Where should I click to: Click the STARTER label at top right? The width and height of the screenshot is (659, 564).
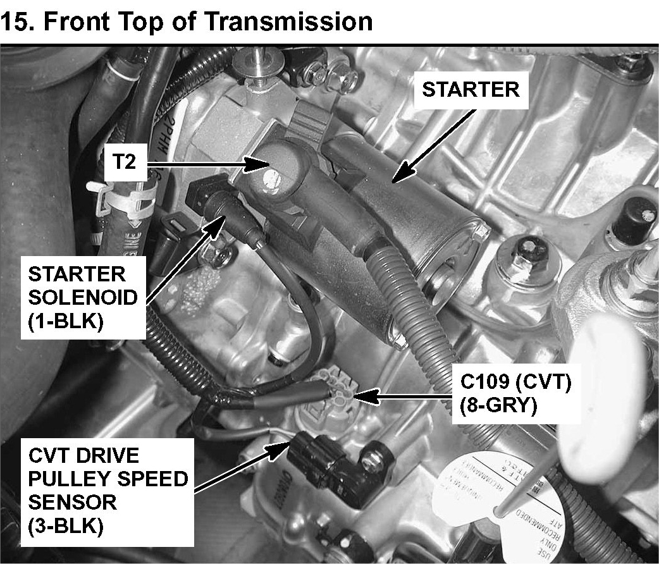coord(471,89)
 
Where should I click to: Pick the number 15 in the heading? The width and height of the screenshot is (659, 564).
coord(15,21)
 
